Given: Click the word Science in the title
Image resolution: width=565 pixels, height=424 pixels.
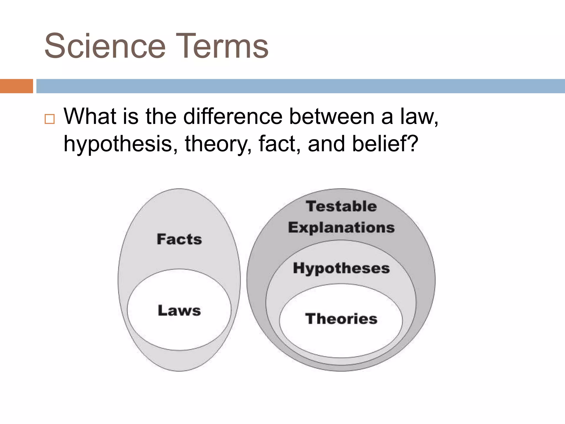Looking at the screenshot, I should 105,46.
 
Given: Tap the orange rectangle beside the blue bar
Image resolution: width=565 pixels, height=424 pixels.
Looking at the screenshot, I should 16,86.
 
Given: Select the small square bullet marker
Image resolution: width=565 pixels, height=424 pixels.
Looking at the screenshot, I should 50,119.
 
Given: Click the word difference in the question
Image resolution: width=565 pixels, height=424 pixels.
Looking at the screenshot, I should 233,116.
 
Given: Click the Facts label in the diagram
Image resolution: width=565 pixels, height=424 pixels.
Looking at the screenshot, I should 179,239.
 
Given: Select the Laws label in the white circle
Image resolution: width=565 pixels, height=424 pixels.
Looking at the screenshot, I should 179,311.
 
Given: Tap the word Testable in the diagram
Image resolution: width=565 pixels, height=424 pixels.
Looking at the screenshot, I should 341,206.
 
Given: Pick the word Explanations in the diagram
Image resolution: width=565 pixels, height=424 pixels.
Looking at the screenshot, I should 341,228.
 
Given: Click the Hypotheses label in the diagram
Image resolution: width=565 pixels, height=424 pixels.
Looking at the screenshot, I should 341,268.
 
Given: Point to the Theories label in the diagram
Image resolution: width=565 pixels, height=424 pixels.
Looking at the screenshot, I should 341,319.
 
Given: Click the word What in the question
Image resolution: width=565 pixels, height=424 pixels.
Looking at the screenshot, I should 90,116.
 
